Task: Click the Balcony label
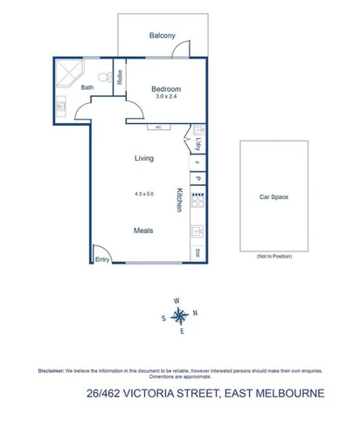pyautogui.click(x=163, y=35)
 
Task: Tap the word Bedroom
pyautogui.click(x=166, y=89)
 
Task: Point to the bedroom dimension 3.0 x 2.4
pyautogui.click(x=166, y=97)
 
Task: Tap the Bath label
pyautogui.click(x=87, y=88)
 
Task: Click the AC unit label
pyautogui.click(x=159, y=127)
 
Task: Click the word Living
pyautogui.click(x=144, y=158)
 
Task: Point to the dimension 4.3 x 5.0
pyautogui.click(x=143, y=193)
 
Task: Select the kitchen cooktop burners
pyautogui.click(x=198, y=200)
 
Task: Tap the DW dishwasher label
pyautogui.click(x=198, y=253)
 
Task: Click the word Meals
pyautogui.click(x=143, y=231)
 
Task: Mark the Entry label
pyautogui.click(x=103, y=258)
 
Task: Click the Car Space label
pyautogui.click(x=273, y=197)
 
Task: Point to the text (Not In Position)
pyautogui.click(x=273, y=257)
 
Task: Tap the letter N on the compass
pyautogui.click(x=195, y=313)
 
